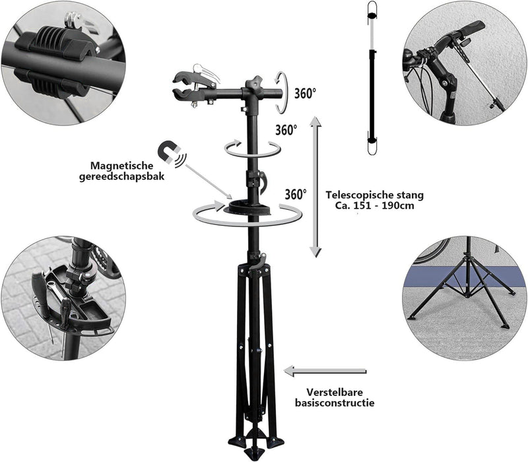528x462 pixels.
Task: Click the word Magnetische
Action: (121, 166)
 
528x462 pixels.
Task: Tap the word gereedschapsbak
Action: (121, 176)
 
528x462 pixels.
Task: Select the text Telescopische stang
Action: (374, 195)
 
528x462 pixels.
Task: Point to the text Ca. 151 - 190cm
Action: (374, 205)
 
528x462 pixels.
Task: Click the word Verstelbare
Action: (335, 392)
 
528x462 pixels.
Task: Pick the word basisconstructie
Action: (335, 403)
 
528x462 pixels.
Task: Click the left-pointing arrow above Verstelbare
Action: (325, 371)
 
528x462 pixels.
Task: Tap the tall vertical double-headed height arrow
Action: (315, 187)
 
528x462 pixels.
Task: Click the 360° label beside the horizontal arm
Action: (305, 94)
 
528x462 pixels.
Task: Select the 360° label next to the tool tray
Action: (296, 195)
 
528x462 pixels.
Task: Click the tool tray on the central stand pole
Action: (248, 207)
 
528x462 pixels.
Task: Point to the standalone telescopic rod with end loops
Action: (372, 78)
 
